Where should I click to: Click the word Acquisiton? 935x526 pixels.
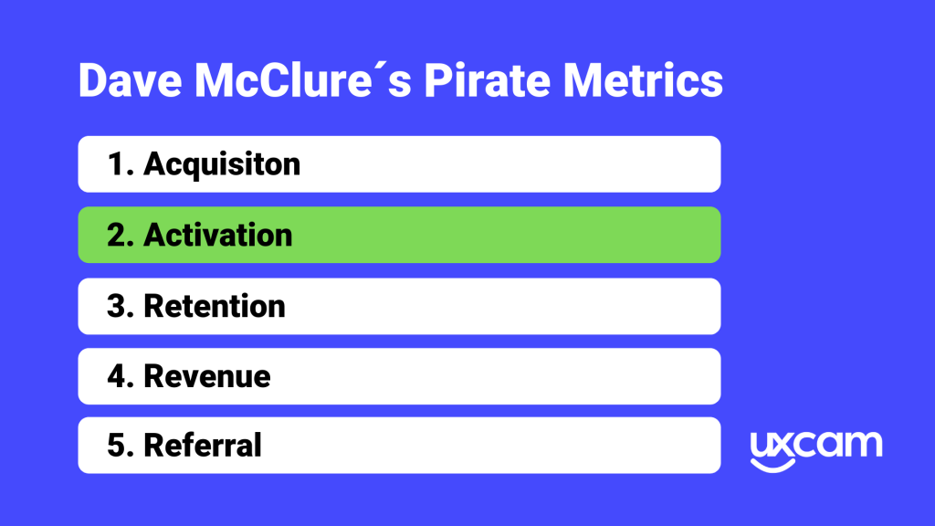tap(222, 164)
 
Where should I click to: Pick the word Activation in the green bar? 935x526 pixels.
tap(218, 235)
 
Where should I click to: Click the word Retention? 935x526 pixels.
tap(215, 306)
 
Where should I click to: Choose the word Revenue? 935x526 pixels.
tap(207, 376)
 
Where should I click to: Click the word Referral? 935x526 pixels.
tap(203, 446)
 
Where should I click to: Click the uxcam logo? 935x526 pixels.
tap(816, 447)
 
